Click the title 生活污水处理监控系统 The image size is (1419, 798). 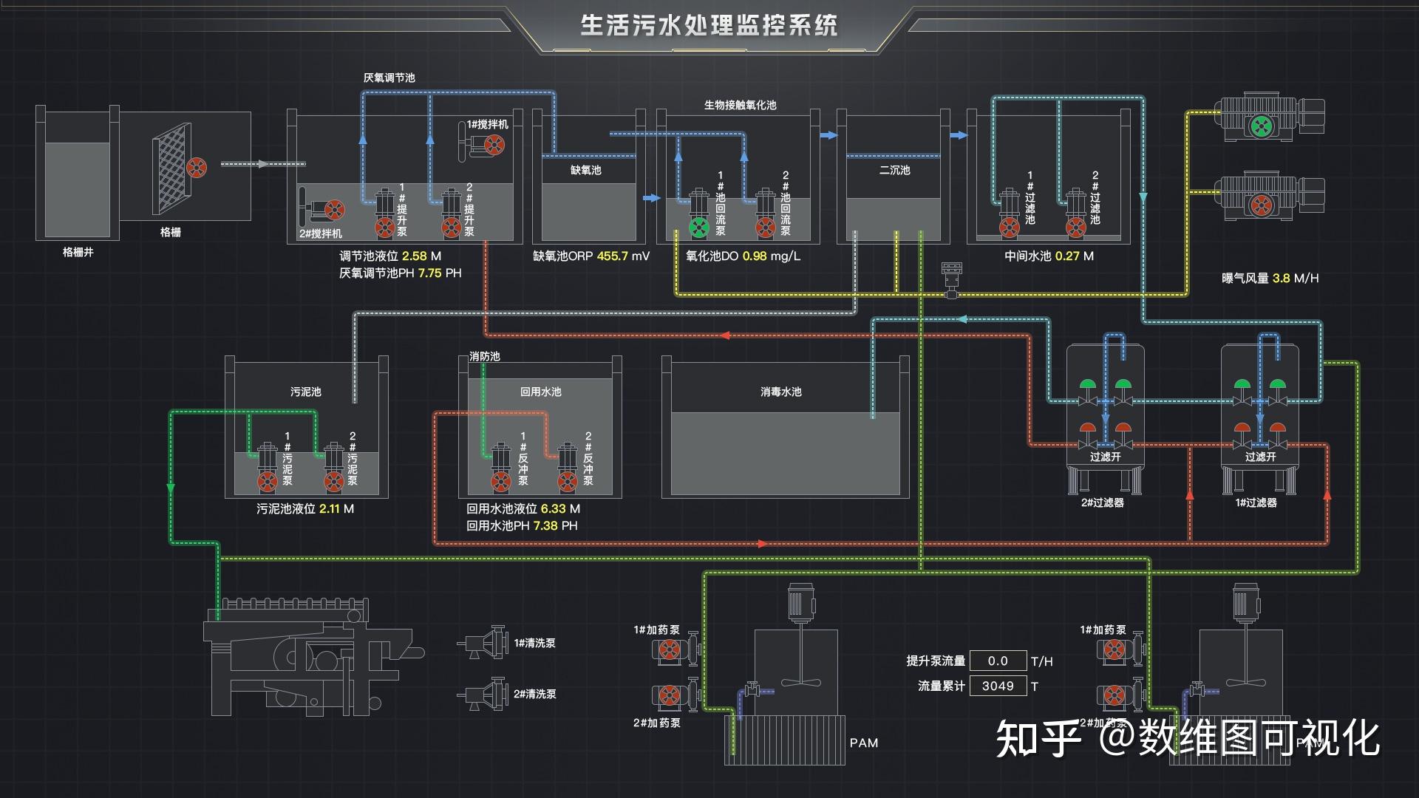708,25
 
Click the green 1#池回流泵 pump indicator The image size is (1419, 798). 698,228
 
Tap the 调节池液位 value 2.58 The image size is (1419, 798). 414,256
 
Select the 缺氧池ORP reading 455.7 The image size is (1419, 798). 612,256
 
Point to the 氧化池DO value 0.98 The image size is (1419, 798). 754,256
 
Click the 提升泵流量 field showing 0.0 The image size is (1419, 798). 997,661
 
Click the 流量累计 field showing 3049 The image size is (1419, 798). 997,686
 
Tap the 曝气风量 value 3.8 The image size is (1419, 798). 1281,279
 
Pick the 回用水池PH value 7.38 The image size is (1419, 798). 545,526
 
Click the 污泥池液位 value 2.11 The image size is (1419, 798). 329,509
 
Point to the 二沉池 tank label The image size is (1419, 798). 894,170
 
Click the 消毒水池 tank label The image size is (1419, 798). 780,392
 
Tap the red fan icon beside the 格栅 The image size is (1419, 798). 196,168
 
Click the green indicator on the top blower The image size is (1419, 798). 1260,126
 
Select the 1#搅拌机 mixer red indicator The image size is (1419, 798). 494,145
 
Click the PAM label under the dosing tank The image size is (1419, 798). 863,743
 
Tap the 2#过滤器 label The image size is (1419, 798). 1102,502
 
